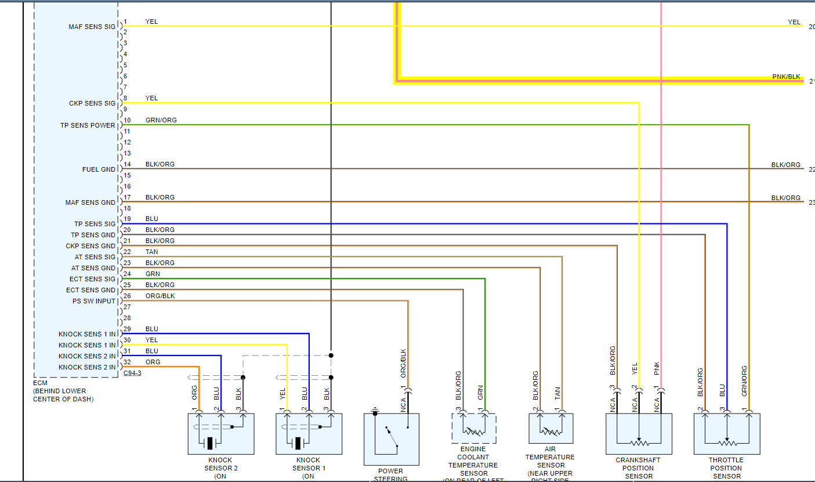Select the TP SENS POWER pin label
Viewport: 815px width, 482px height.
click(88, 125)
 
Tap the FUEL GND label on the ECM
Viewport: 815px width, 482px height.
click(99, 169)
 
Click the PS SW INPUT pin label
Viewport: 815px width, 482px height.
click(94, 301)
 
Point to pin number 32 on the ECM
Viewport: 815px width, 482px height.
click(127, 362)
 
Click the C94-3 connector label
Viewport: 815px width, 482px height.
click(132, 374)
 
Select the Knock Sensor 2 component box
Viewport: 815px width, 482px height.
click(221, 434)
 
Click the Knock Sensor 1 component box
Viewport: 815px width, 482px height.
click(309, 434)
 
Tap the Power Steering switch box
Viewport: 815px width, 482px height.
click(391, 438)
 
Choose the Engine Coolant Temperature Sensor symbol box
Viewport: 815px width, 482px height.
click(473, 429)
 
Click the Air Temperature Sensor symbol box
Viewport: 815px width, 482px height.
click(550, 429)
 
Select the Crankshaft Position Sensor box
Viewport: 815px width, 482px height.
click(639, 434)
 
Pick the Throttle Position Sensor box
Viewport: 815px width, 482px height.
click(726, 434)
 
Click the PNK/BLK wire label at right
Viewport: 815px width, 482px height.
click(786, 77)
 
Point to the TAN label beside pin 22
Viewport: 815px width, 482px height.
click(151, 252)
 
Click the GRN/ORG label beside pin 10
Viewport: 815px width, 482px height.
click(161, 120)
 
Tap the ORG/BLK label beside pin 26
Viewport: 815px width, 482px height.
click(160, 296)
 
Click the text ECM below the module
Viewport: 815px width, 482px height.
click(39, 383)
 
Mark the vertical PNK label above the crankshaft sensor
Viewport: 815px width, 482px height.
click(657, 368)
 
